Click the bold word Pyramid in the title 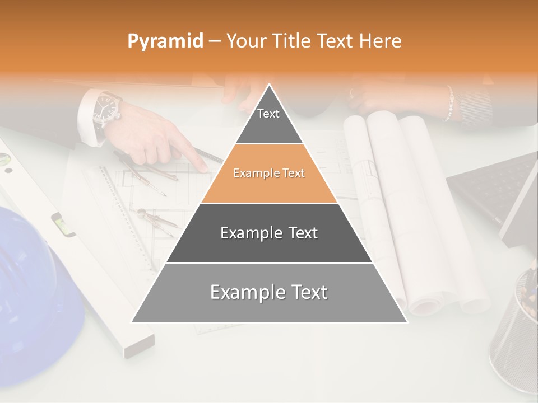coord(165,41)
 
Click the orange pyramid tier coord(269,174)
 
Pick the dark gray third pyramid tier coord(269,233)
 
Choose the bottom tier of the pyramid coord(269,292)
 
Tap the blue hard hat coord(34,280)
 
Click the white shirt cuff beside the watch coord(85,112)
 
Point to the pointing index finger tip coord(203,166)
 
